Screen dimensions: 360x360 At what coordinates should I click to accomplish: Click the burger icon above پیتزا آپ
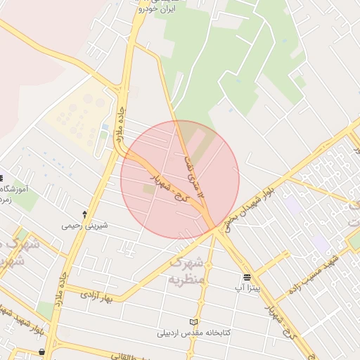(x=247, y=278)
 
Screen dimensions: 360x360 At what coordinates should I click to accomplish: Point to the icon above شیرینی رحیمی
(x=84, y=214)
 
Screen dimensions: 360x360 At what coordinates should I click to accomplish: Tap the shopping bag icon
(x=44, y=351)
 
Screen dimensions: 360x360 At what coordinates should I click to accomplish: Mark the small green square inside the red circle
(x=148, y=189)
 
